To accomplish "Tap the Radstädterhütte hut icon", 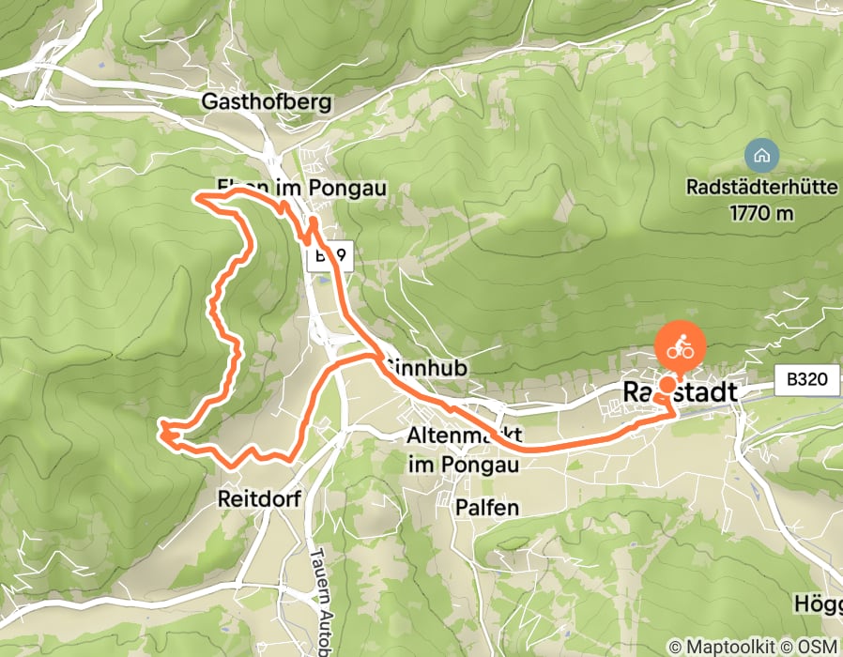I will tap(759, 153).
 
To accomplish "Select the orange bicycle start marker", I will tap(681, 349).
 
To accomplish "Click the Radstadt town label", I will tap(680, 392).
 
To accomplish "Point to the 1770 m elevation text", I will tap(760, 212).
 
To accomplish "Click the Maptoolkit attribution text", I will tap(717, 647).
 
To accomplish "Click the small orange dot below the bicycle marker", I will tap(667, 385).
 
